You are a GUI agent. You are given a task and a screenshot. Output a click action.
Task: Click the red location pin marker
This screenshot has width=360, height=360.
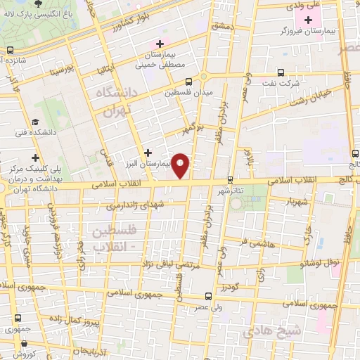point(181,165)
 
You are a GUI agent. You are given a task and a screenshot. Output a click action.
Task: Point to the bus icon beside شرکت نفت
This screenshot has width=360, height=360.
point(281,72)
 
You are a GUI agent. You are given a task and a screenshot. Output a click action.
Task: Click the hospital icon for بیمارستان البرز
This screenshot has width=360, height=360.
point(148,152)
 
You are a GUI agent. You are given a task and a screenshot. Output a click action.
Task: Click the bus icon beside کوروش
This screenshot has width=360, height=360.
point(26,345)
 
